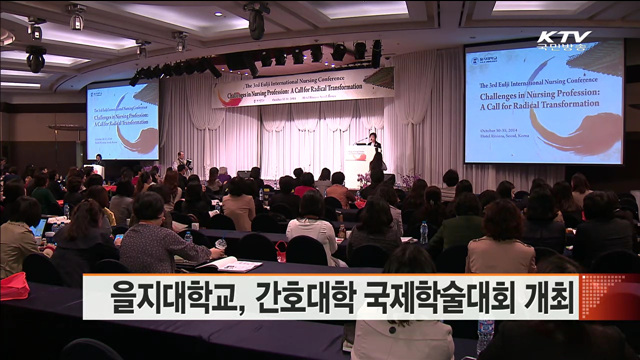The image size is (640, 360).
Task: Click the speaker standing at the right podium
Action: [373, 150]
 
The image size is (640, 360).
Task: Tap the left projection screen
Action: [122, 120]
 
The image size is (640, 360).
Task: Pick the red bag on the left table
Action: [14, 285]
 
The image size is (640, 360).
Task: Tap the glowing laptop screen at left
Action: [39, 227]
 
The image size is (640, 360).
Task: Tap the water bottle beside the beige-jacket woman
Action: [424, 232]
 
